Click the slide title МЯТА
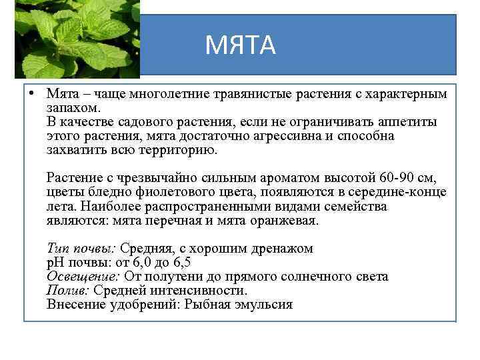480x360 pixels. pos(240,45)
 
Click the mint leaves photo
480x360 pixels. pos(77,38)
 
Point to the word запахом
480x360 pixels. pos(73,108)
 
